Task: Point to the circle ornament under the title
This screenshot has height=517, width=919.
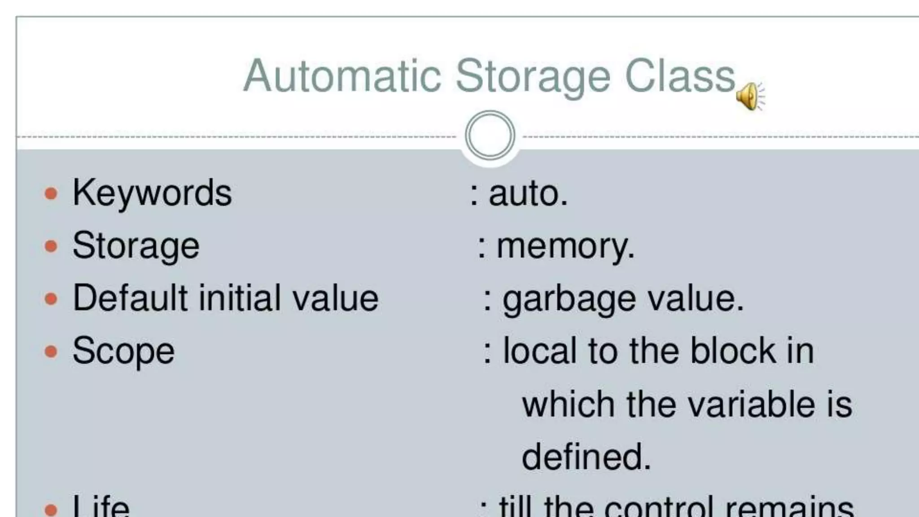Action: tap(490, 135)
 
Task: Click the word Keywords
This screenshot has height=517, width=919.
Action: tap(152, 193)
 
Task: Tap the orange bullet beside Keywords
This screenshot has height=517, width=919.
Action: tap(51, 194)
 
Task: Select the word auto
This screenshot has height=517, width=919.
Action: tap(528, 194)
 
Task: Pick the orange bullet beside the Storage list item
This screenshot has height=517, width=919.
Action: tap(51, 246)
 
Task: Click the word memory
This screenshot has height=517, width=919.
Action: tap(565, 246)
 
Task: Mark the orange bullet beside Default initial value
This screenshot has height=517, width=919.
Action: tap(51, 298)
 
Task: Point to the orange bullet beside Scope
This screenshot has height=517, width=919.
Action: tap(51, 351)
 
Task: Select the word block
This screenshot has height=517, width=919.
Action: tap(733, 351)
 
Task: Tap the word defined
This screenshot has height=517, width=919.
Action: tap(586, 456)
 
